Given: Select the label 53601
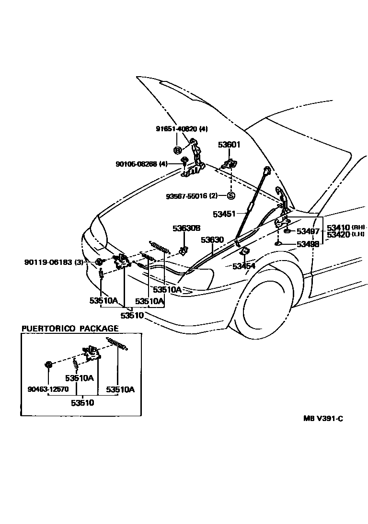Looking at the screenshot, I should (x=229, y=145).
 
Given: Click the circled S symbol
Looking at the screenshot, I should (x=231, y=195).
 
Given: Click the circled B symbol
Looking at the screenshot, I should (x=177, y=150).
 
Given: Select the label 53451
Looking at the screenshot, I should (x=224, y=214).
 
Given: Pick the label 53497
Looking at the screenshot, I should (x=308, y=231).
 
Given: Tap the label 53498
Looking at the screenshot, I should (x=308, y=244).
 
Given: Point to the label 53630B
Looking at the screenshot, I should (x=186, y=228).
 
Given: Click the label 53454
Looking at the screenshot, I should (x=244, y=266).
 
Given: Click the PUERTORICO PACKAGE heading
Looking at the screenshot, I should (x=69, y=329).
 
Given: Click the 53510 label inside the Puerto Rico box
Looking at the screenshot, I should (x=82, y=403).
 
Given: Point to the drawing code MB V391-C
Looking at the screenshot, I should (x=323, y=418).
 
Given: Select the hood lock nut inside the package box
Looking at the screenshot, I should (x=48, y=365).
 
